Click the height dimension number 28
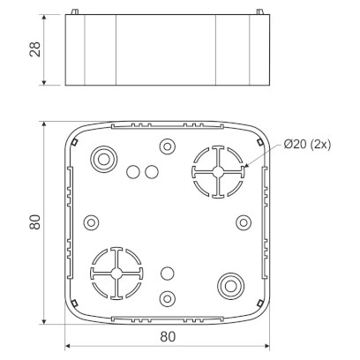(x=35, y=49)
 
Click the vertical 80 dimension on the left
(x=35, y=222)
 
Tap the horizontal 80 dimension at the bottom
(x=168, y=337)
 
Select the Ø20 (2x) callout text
(x=307, y=144)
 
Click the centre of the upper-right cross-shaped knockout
(x=217, y=172)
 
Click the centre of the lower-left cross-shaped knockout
(x=116, y=274)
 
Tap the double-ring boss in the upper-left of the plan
(x=103, y=160)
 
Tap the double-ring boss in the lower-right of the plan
(x=230, y=286)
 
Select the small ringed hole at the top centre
(x=168, y=146)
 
